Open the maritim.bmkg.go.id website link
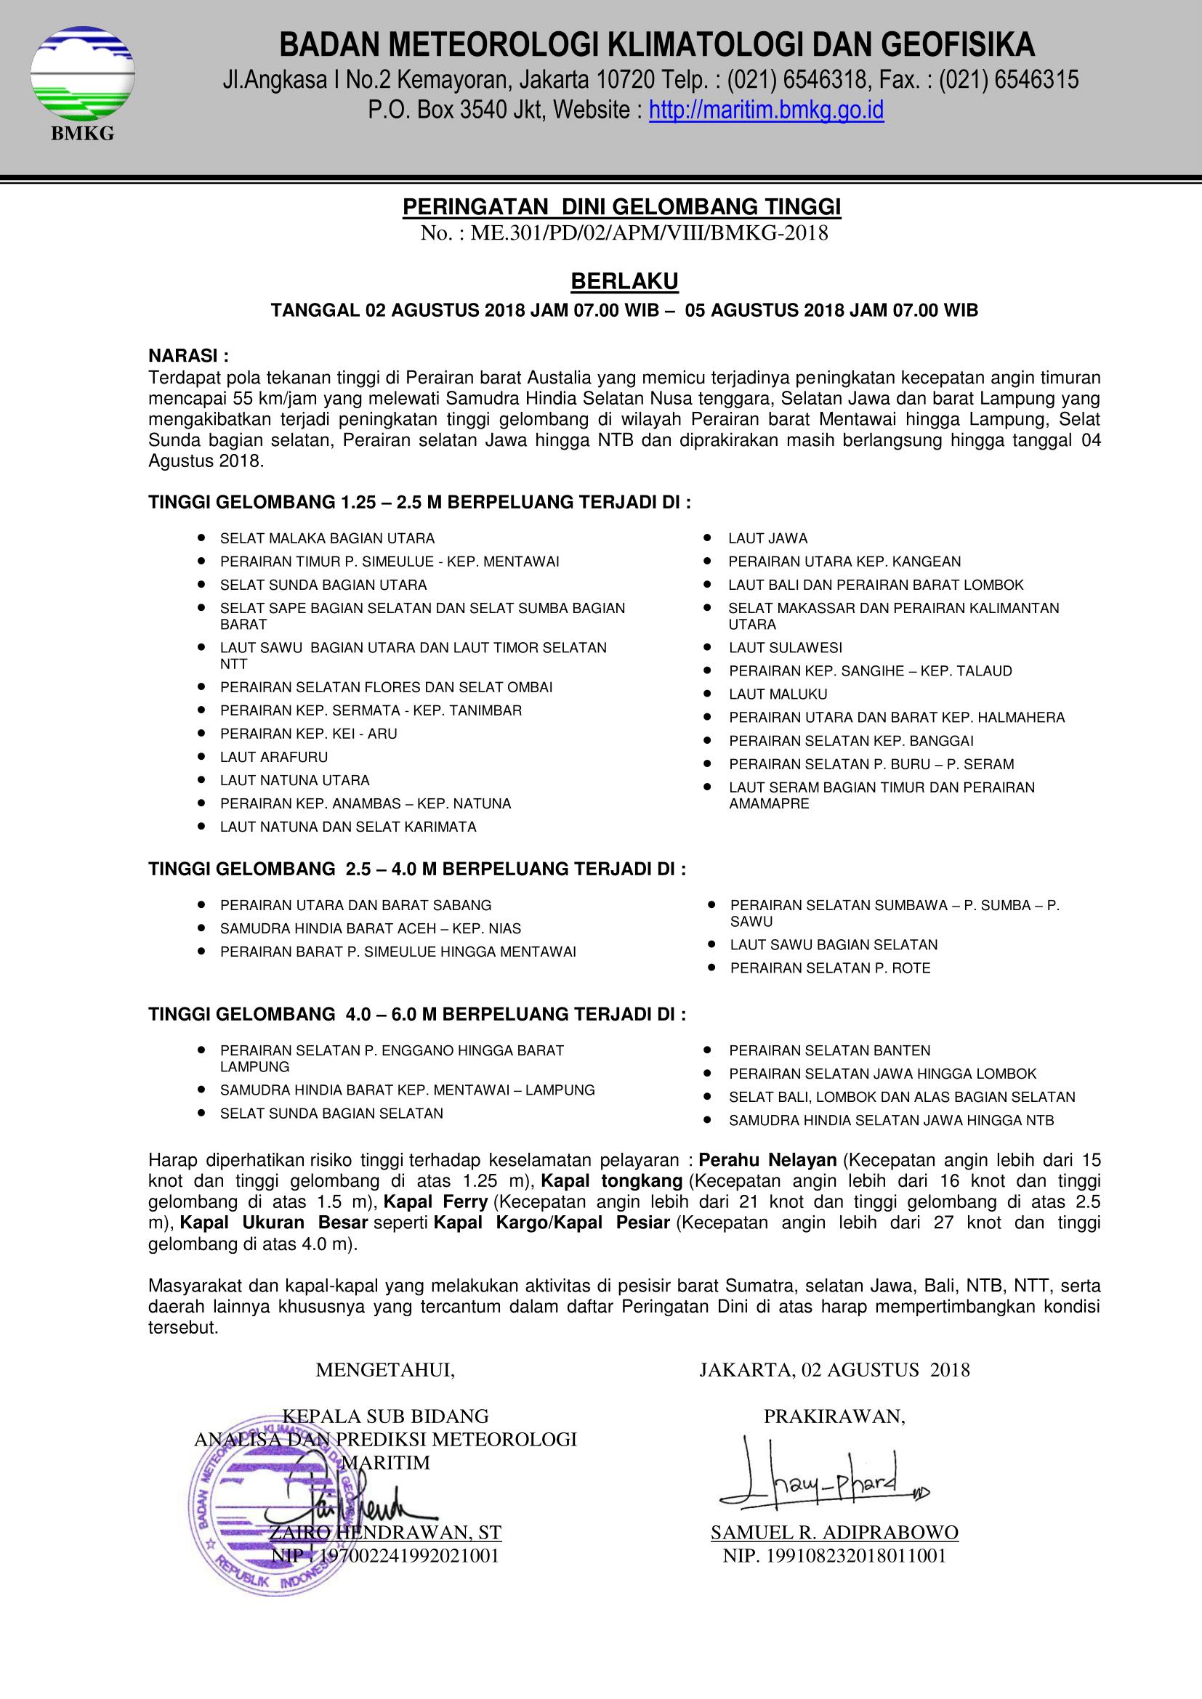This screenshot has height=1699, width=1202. pyautogui.click(x=766, y=111)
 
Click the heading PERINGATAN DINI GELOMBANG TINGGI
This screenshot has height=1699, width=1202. pyautogui.click(x=622, y=208)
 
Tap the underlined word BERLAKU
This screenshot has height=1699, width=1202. pyautogui.click(x=625, y=282)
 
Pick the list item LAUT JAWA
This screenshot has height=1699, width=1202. pyautogui.click(x=767, y=539)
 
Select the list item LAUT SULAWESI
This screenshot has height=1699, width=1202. pyautogui.click(x=786, y=647)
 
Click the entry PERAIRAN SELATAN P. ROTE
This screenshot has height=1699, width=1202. pyautogui.click(x=830, y=968)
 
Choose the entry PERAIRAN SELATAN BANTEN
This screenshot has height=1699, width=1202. pyautogui.click(x=829, y=1050)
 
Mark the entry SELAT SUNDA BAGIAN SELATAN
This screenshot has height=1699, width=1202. pyautogui.click(x=331, y=1113)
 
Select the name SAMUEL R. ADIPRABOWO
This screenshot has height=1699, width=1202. pyautogui.click(x=834, y=1532)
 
